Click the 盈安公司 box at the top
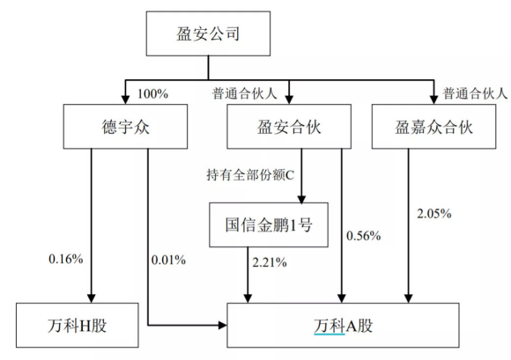[208, 33]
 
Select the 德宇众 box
[125, 127]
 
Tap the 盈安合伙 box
[289, 127]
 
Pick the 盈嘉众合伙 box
[433, 127]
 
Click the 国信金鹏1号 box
[269, 225]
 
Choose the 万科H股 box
[78, 325]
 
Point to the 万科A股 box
[344, 325]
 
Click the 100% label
[152, 94]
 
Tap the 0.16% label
[66, 259]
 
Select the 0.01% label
[169, 260]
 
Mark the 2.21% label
[270, 262]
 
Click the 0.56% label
[363, 236]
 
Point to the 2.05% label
[434, 214]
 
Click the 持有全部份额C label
[250, 175]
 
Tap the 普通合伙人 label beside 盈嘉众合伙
[475, 94]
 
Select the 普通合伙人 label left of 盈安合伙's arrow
[245, 94]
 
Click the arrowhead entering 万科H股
[92, 298]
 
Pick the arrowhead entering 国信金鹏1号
[301, 199]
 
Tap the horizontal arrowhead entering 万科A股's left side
[223, 325]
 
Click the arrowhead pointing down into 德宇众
[125, 99]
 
